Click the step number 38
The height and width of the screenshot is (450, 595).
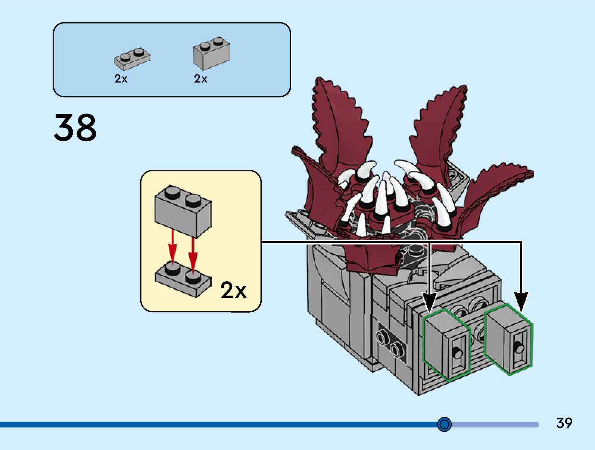(75, 127)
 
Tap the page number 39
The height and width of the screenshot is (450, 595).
(564, 423)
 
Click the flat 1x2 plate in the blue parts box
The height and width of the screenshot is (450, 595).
(132, 58)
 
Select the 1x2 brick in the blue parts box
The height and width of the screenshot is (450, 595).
(211, 53)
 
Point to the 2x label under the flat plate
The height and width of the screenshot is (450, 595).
(121, 79)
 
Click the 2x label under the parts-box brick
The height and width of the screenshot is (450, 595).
(200, 79)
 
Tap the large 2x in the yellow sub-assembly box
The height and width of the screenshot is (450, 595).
(233, 290)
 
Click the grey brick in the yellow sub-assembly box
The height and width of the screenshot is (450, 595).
(183, 211)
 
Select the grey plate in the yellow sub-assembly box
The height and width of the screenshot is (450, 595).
(183, 279)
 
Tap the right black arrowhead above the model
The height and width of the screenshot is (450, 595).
(521, 302)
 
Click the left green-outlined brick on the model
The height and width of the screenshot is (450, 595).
(446, 345)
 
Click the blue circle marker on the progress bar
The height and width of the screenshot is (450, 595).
(444, 424)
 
